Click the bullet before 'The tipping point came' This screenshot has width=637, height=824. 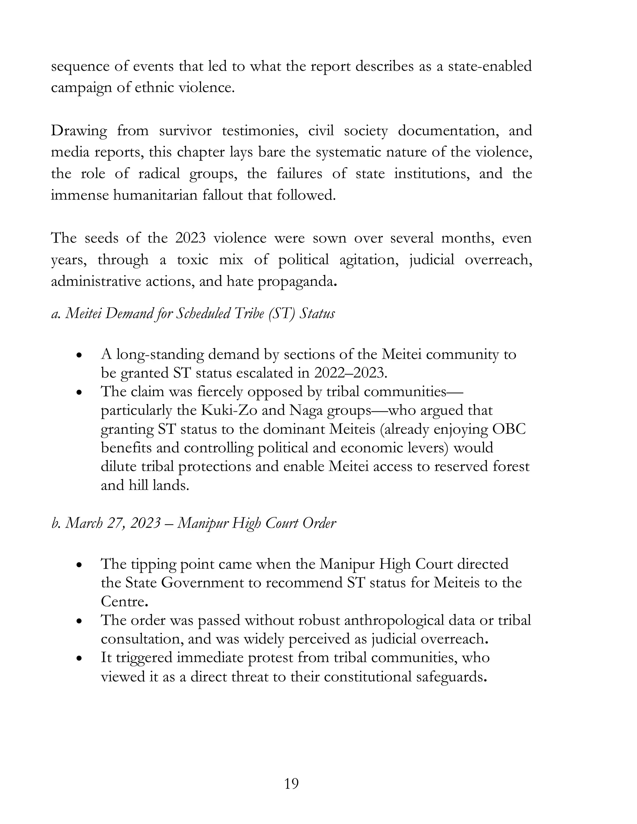point(79,566)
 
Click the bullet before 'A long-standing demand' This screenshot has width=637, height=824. point(79,356)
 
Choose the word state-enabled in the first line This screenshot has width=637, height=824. point(490,67)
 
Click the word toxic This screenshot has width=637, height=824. point(193,260)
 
